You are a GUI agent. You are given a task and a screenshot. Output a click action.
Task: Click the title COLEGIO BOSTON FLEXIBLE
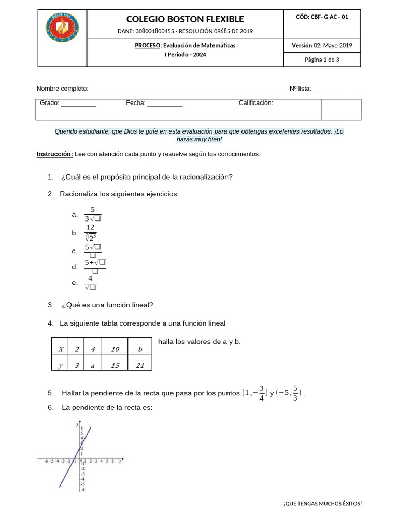pos(185,19)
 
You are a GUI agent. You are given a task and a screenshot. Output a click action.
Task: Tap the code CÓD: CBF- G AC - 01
pos(322,17)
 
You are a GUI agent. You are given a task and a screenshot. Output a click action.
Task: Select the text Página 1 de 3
pos(322,60)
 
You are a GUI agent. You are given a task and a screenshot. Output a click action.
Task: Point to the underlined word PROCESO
pos(148,46)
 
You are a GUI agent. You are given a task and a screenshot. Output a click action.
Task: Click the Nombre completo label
pos(62,89)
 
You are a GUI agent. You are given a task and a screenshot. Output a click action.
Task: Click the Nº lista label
pos(300,89)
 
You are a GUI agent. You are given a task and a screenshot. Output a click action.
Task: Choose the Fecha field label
pos(136,103)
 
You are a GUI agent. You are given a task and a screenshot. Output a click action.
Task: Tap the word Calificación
pos(255,103)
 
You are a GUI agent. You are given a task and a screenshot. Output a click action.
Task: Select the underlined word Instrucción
pos(54,154)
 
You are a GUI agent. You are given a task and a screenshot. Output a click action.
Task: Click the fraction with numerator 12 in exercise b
pos(90,233)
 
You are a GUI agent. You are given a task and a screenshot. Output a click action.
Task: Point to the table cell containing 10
pos(115,350)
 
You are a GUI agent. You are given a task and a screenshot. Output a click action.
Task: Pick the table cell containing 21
pos(139,366)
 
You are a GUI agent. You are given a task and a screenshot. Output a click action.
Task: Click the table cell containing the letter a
pos(93,366)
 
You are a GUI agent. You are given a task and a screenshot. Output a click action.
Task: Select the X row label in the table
pos(61,350)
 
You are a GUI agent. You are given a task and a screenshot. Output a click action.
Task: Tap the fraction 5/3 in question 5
pos(294,392)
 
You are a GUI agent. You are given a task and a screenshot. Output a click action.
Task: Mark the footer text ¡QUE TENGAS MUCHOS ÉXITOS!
pos(322,504)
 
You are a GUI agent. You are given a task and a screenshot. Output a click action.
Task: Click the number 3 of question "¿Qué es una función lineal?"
pos(50,305)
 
